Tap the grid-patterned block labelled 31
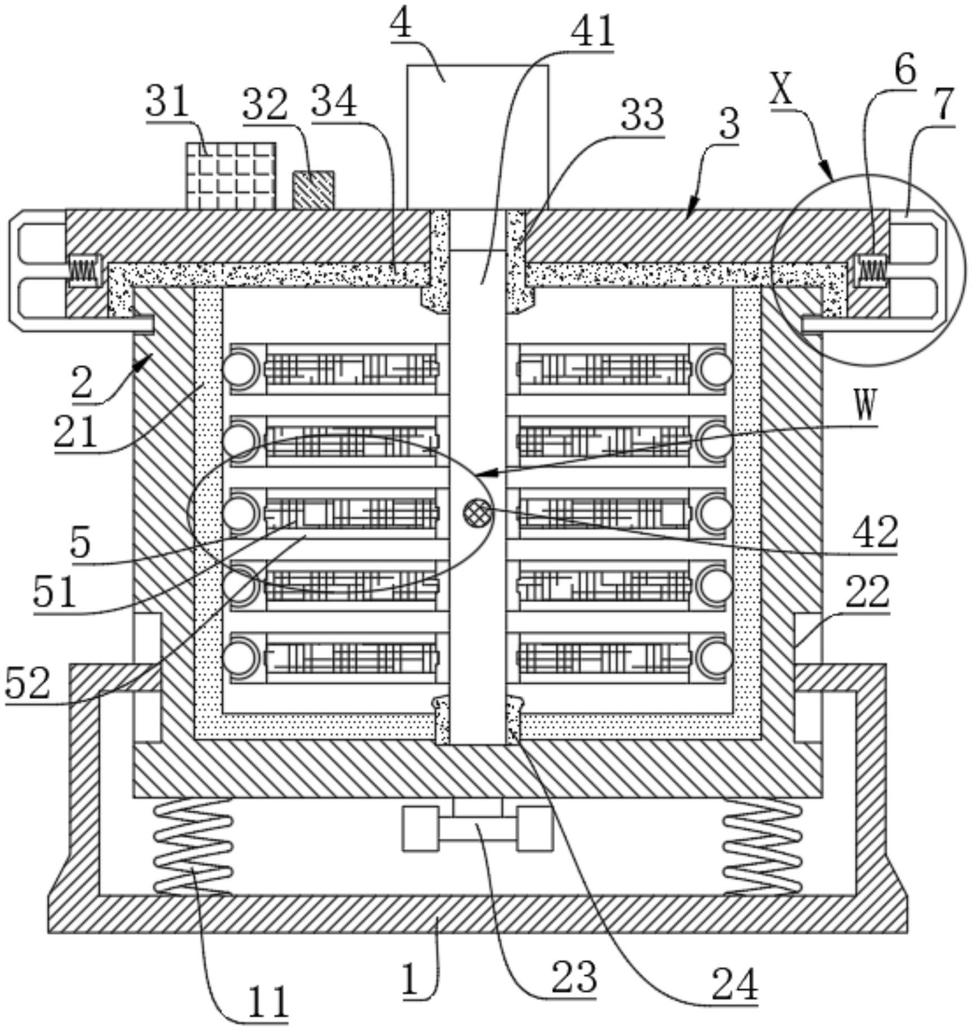point(231,176)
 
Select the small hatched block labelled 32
point(313,190)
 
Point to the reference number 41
point(591,32)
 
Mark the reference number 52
point(28,684)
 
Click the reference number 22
point(867,591)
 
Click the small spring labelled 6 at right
point(871,270)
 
